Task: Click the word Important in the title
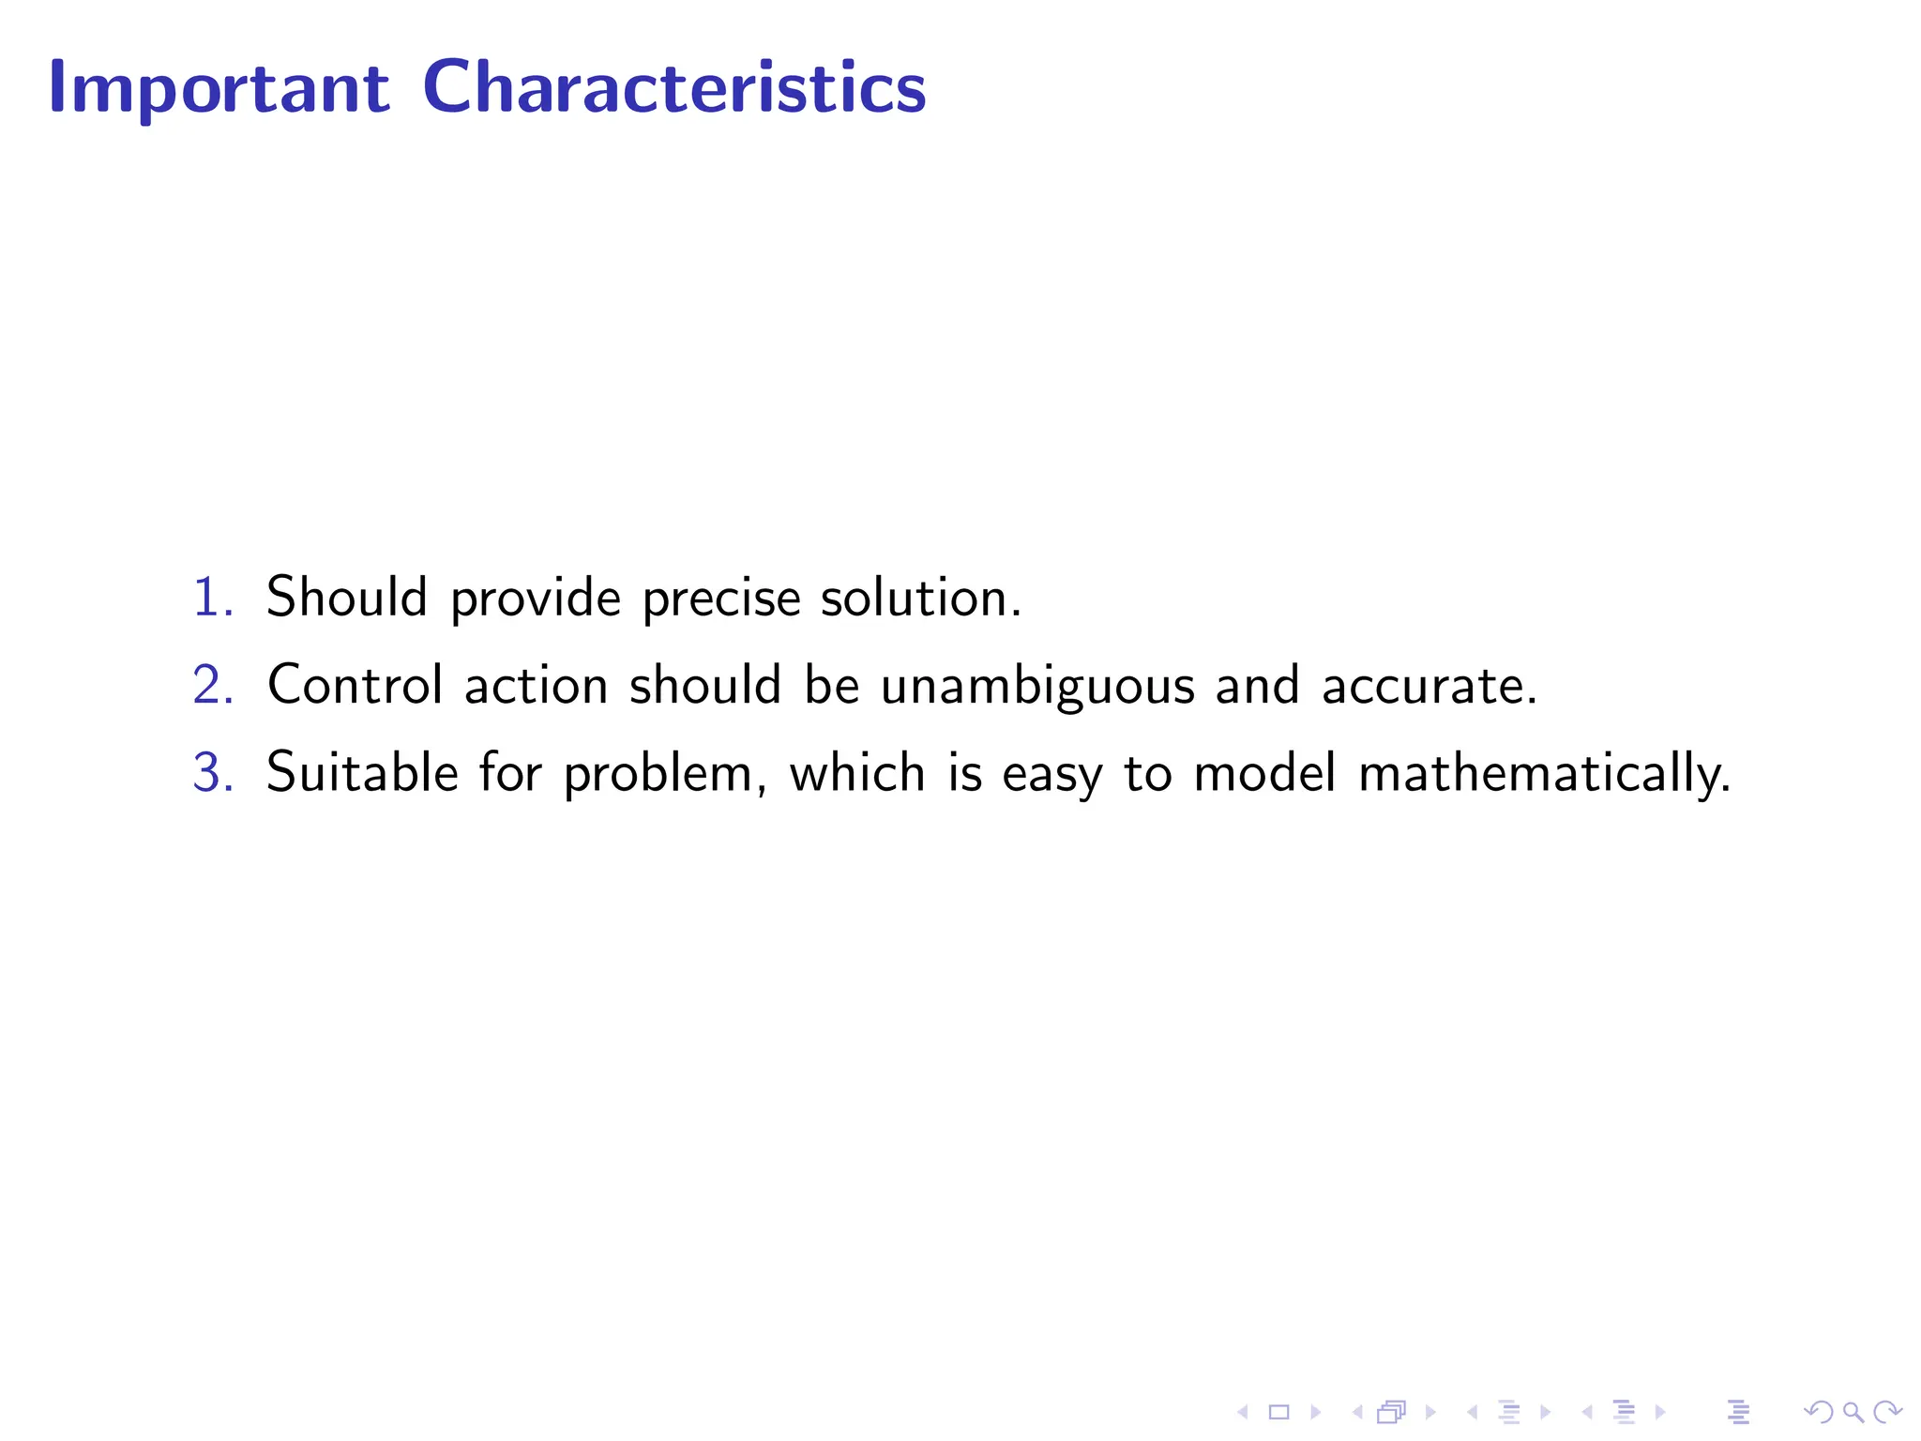[x=219, y=87]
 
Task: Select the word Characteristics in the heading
[x=674, y=87]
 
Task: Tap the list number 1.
[x=211, y=597]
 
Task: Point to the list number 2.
[x=211, y=685]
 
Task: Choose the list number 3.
[x=211, y=773]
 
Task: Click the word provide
[x=536, y=599]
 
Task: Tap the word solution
[x=919, y=597]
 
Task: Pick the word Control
[x=355, y=685]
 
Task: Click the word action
[x=536, y=685]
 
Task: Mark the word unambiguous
[x=1037, y=687]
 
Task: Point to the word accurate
[x=1429, y=686]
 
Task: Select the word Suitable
[x=362, y=773]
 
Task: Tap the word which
[x=857, y=773]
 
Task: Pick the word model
[x=1264, y=773]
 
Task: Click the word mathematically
[x=1543, y=775]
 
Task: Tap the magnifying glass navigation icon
[x=1852, y=1412]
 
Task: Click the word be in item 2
[x=832, y=685]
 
